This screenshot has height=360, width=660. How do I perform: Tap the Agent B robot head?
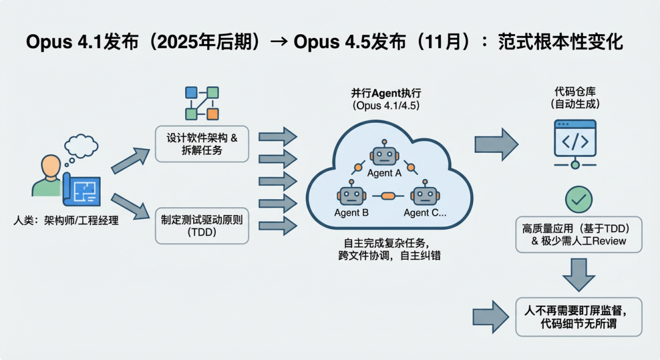click(x=351, y=196)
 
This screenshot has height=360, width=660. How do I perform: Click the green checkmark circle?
click(x=578, y=199)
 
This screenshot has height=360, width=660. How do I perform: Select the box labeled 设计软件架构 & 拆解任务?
click(x=202, y=144)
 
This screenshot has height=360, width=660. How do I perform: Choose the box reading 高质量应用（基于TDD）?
click(x=578, y=234)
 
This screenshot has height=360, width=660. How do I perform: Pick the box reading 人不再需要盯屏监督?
click(x=578, y=316)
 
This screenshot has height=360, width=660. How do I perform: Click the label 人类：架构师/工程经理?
click(x=66, y=221)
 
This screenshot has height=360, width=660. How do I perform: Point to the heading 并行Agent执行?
click(x=387, y=93)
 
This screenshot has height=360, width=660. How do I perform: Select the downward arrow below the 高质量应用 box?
click(x=578, y=274)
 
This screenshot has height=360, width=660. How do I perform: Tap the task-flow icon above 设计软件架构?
click(x=202, y=103)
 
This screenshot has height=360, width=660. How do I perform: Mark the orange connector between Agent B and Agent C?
click(x=388, y=196)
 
